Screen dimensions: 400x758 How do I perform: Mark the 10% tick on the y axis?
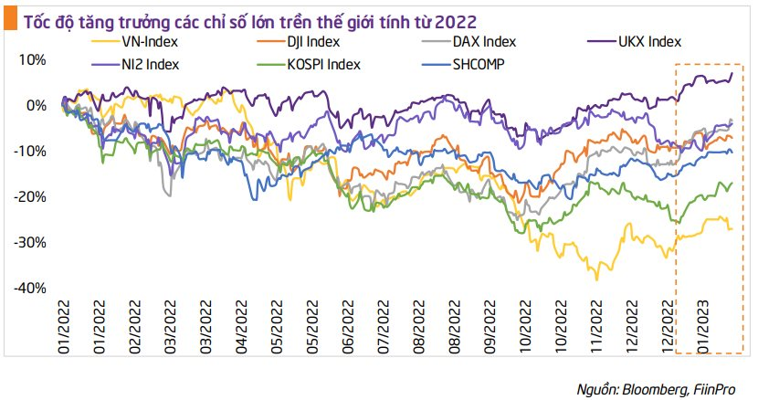(x=32, y=60)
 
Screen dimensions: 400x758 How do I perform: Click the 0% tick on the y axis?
(x=36, y=106)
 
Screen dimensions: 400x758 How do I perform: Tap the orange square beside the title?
(x=8, y=17)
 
